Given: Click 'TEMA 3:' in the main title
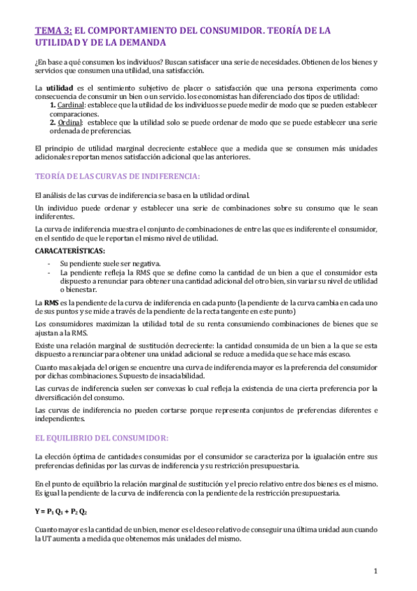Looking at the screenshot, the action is click(x=53, y=31).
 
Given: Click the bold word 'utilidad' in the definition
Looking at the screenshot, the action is click(x=59, y=89).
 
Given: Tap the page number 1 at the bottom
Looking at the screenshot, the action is click(x=375, y=571).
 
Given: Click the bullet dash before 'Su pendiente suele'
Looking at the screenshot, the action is click(x=48, y=263).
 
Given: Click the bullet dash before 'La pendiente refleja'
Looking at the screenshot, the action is click(x=48, y=273).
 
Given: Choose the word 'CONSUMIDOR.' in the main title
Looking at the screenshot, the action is click(x=221, y=31).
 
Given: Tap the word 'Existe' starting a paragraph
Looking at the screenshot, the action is click(x=45, y=344).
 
